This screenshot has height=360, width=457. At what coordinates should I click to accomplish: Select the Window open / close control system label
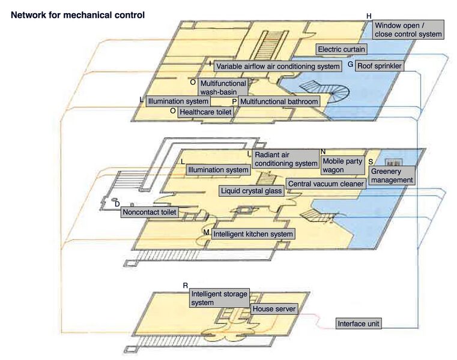(x=408, y=30)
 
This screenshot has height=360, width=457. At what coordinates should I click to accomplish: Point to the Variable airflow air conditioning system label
(x=277, y=66)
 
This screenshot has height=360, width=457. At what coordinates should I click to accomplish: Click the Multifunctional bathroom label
(x=278, y=102)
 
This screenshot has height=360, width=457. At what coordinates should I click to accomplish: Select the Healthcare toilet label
(x=205, y=112)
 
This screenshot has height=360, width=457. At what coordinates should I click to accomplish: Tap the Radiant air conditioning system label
(x=285, y=159)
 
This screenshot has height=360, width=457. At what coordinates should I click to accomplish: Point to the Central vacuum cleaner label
(x=325, y=184)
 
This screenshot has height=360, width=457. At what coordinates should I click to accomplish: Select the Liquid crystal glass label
(x=251, y=191)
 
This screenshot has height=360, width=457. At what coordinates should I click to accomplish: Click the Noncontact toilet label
(x=150, y=212)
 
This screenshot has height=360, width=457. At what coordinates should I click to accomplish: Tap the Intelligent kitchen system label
(x=253, y=234)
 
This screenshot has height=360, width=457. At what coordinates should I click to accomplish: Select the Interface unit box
(x=359, y=324)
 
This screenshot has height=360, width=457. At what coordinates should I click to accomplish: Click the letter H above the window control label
(x=369, y=16)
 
